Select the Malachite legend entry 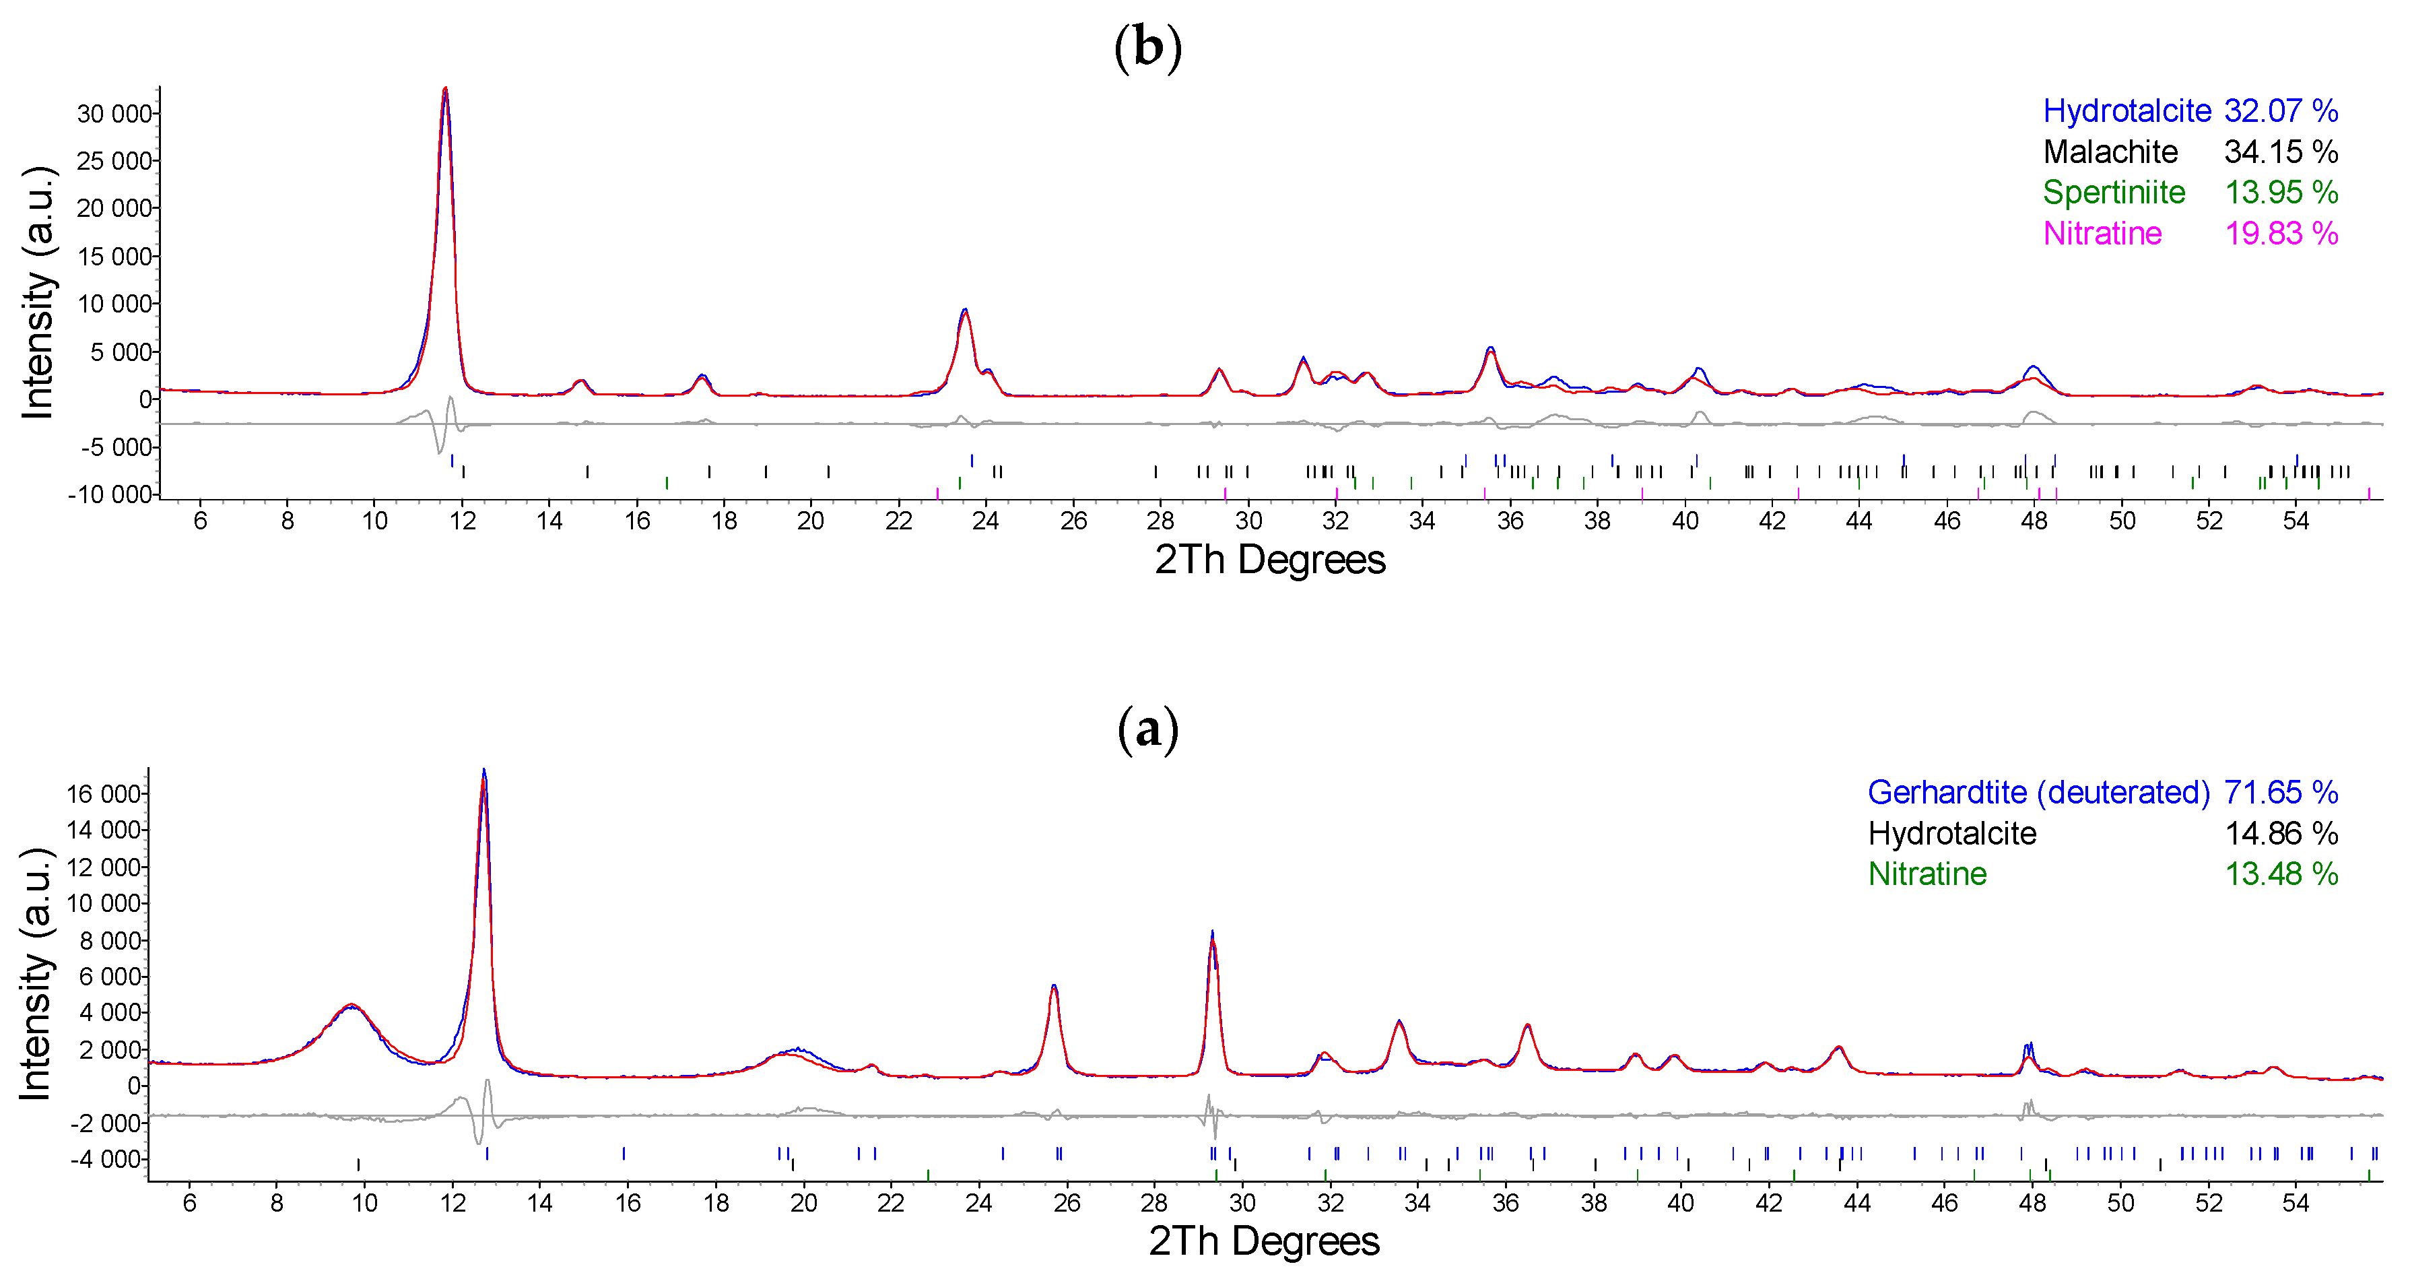[x=2110, y=152]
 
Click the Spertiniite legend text [x=2114, y=192]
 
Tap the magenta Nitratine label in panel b [x=2102, y=233]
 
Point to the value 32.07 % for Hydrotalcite [x=2280, y=110]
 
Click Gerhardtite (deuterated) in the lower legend [x=2038, y=793]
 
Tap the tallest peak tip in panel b [x=445, y=89]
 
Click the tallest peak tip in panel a [x=483, y=771]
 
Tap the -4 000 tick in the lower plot [x=105, y=1158]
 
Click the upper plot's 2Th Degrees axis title [x=1269, y=560]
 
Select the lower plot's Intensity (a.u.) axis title [x=36, y=973]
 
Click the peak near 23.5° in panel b [x=964, y=310]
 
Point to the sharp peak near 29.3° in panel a [x=1213, y=933]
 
